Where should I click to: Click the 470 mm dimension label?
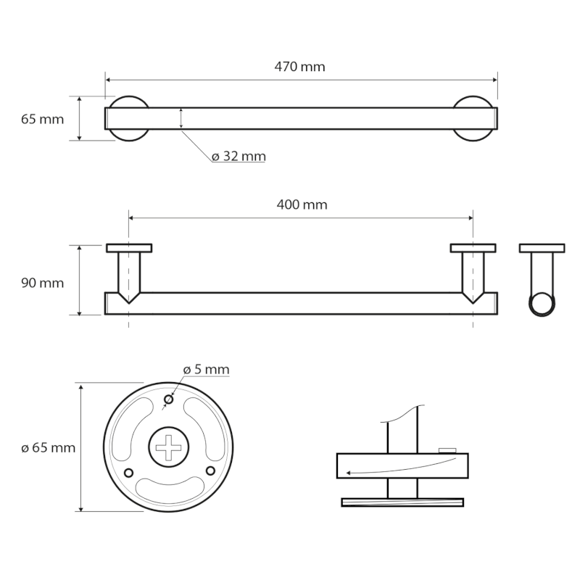tap(299, 67)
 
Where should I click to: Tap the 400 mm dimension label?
tap(302, 204)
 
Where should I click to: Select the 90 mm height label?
tap(42, 283)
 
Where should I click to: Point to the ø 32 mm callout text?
tap(239, 156)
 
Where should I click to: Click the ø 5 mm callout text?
tap(206, 369)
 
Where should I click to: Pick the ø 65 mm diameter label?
tap(48, 447)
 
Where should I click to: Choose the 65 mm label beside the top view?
tap(42, 119)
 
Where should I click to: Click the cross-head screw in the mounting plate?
tap(169, 447)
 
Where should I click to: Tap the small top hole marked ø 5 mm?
tap(169, 399)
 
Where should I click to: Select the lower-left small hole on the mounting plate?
tap(129, 473)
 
